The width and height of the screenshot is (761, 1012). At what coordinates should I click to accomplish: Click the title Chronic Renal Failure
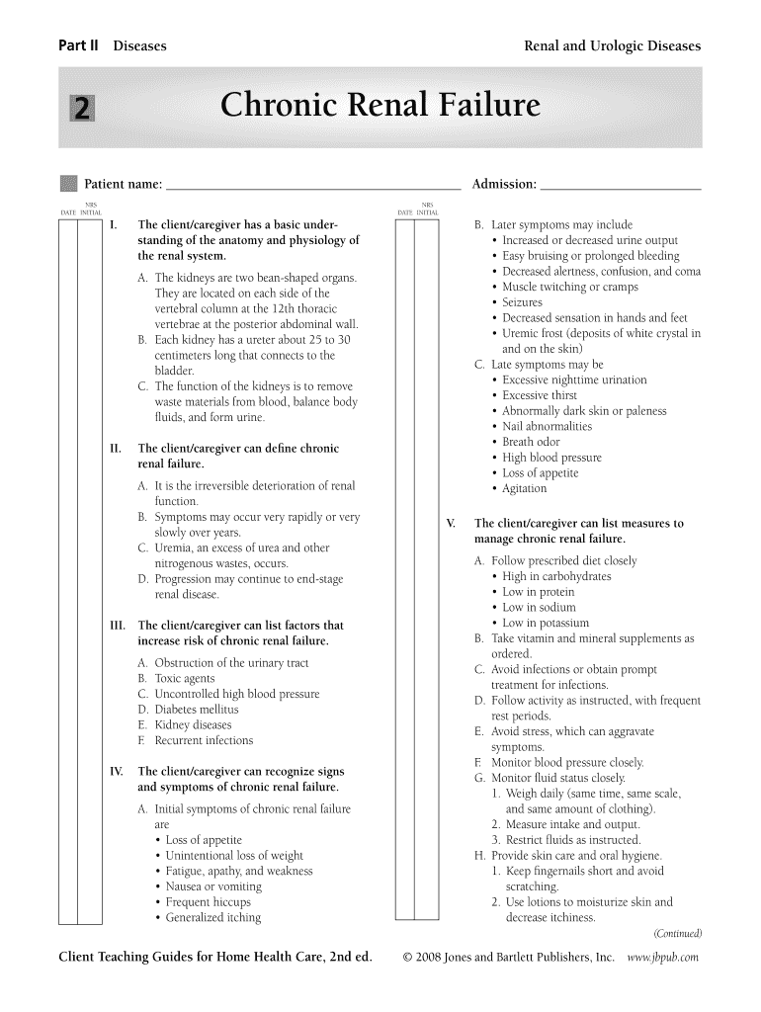click(380, 106)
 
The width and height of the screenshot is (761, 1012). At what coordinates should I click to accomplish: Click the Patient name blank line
click(313, 184)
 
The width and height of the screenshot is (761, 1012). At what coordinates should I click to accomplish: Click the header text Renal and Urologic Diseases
click(612, 46)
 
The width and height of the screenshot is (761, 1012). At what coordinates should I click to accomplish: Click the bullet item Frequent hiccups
click(208, 901)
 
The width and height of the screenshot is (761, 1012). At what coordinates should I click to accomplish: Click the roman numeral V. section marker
click(451, 524)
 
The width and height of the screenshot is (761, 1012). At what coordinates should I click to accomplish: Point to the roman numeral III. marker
click(117, 626)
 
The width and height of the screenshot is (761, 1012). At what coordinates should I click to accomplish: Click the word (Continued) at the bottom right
click(677, 933)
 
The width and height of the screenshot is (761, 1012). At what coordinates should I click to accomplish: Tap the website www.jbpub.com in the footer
click(663, 957)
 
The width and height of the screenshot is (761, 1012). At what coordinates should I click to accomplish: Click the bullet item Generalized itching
click(212, 917)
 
